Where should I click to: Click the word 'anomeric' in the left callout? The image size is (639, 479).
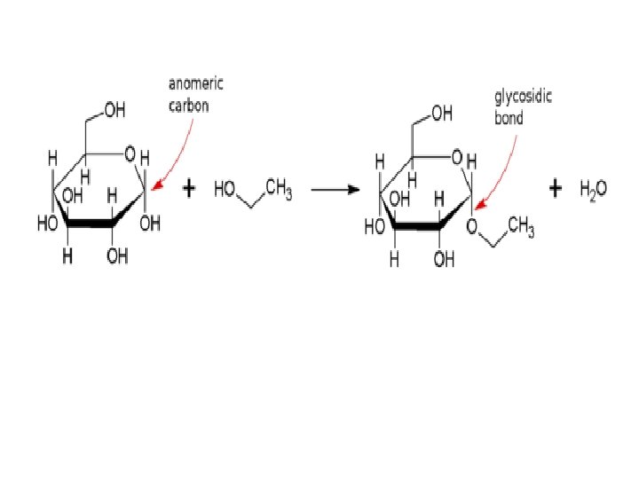point(196,83)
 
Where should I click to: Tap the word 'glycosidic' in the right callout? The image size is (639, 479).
point(523,98)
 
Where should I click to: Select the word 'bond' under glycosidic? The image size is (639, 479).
point(509,116)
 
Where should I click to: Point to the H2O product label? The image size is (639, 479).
point(593,189)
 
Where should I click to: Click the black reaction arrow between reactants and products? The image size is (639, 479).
point(328,189)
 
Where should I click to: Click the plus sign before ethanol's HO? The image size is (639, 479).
point(189,188)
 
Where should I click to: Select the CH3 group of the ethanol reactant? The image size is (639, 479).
point(278,192)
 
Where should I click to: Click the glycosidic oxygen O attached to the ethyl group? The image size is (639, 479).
point(472,224)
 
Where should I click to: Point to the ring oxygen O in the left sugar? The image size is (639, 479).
point(130,156)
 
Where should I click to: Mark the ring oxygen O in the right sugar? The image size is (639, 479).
point(455,158)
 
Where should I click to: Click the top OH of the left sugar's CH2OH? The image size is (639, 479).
point(114,111)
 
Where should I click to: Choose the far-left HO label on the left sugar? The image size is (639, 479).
point(47,224)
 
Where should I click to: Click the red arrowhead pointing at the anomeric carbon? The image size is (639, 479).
point(155,187)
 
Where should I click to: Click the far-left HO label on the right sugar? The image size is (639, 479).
point(374,227)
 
